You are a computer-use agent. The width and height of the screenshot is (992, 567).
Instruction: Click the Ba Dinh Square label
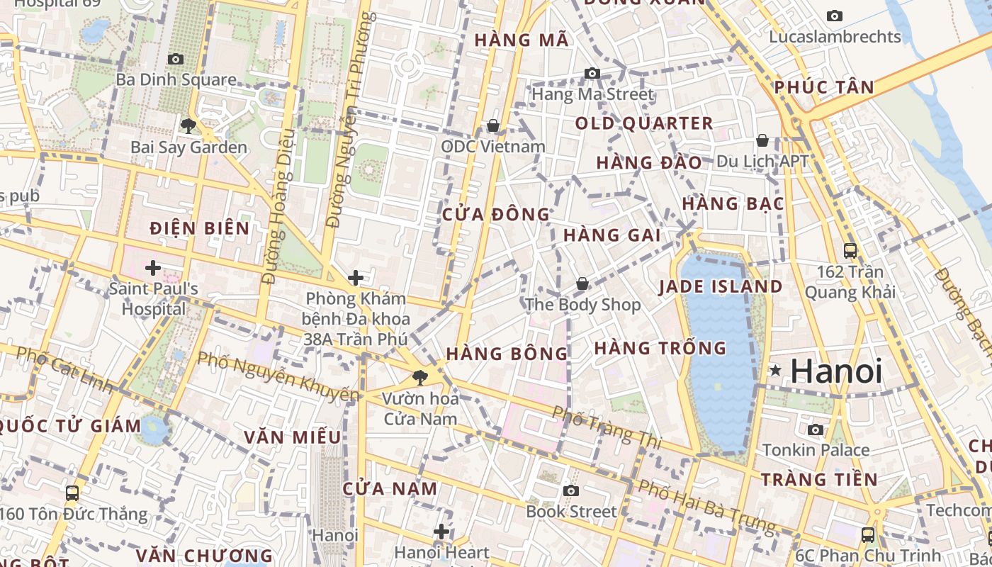[176, 79]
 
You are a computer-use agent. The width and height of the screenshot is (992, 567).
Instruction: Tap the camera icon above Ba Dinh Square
[175, 60]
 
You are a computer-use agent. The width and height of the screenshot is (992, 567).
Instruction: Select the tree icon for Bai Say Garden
[188, 126]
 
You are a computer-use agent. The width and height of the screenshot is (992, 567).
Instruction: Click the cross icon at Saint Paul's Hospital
[152, 268]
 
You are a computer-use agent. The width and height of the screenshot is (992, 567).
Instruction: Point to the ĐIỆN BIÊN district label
[200, 228]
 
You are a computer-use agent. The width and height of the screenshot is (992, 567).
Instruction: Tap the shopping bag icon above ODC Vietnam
[493, 125]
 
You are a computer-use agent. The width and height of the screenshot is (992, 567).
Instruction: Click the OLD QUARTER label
[644, 123]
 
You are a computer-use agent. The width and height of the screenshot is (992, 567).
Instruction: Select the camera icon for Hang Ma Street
[592, 73]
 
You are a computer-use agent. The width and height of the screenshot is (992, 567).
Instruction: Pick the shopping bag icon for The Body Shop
[582, 283]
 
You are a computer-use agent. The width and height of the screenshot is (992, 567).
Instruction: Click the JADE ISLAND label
[721, 287]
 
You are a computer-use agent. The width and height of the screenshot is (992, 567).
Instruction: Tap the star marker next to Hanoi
[776, 370]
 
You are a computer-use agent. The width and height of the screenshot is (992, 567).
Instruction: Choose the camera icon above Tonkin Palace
[816, 430]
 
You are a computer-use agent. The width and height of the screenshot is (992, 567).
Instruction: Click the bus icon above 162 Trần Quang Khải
[850, 250]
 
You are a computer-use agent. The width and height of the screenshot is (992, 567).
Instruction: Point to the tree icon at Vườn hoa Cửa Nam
[420, 377]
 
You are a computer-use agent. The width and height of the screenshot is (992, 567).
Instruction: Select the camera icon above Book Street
[571, 490]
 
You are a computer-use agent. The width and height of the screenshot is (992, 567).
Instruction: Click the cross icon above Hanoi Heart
[441, 531]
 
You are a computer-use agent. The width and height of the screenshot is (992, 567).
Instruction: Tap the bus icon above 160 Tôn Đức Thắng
[72, 493]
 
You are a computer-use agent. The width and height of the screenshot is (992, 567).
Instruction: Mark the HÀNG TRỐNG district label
[660, 348]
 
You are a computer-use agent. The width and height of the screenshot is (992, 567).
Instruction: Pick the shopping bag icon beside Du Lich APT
[762, 140]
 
